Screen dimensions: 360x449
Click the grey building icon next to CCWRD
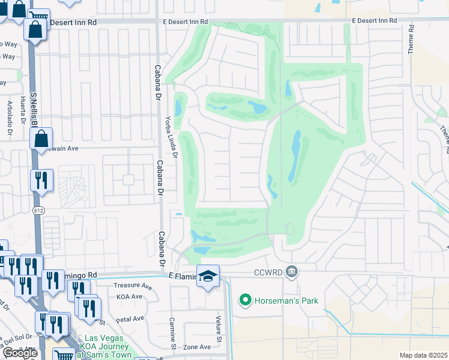click(x=292, y=272)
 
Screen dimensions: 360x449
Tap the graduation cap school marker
click(x=208, y=276)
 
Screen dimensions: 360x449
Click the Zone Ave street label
click(x=197, y=347)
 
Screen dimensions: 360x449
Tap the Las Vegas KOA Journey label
click(x=107, y=346)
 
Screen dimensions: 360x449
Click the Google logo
click(x=20, y=353)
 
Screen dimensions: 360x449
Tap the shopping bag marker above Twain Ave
click(x=41, y=139)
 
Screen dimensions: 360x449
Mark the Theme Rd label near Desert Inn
click(x=411, y=40)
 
